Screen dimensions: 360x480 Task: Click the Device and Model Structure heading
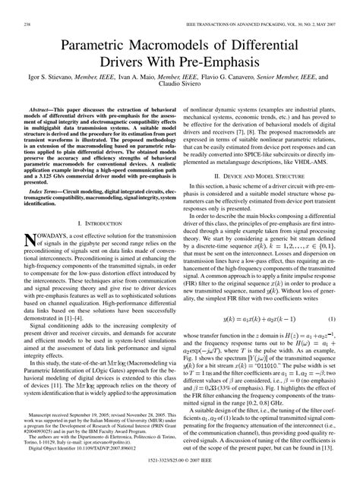267,173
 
